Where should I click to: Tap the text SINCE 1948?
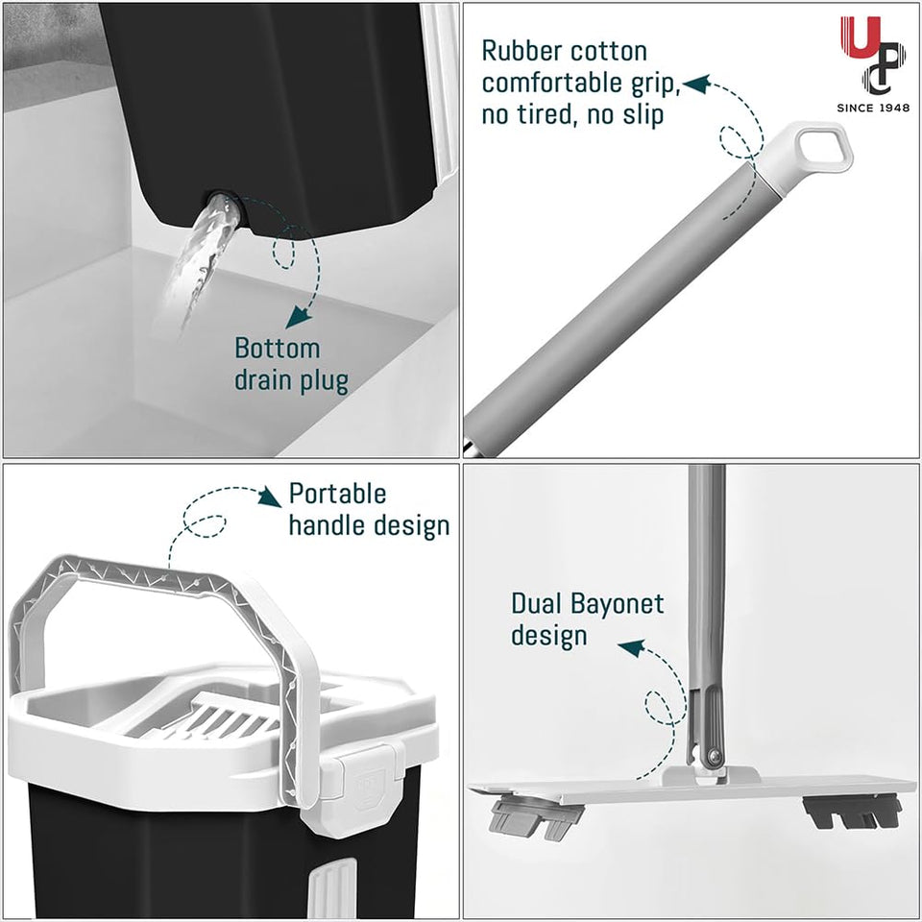pos(869,108)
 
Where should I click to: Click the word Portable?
pos(337,494)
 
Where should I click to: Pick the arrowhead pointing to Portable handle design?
pos(270,496)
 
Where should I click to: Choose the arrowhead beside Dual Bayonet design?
pos(630,649)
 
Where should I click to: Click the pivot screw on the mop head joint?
pos(713,759)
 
